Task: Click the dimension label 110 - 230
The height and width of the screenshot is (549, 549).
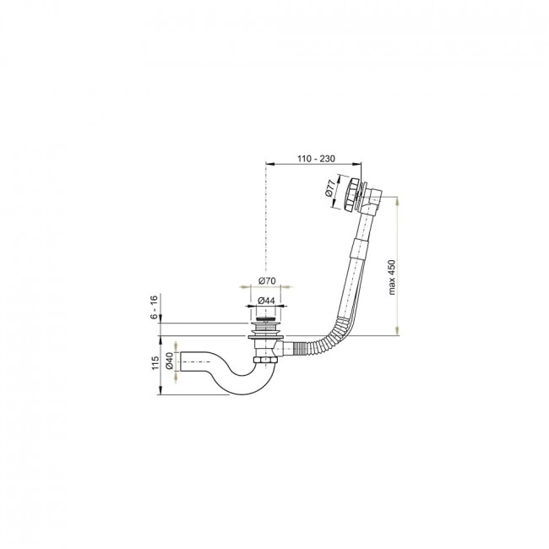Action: point(316,159)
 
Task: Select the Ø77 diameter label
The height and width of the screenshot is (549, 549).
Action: point(329,188)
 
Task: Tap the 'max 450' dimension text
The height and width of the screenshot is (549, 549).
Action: point(391,277)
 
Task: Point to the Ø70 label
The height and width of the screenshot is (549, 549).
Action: point(267,280)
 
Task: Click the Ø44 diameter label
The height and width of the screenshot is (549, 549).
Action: point(266,301)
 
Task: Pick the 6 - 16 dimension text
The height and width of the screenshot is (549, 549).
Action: point(154,307)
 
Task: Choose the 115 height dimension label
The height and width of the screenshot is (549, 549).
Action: point(155,363)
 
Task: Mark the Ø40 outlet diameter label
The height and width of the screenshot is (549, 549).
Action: point(169,361)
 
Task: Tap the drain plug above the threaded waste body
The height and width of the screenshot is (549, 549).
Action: point(265,319)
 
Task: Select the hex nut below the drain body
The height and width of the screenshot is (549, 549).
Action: point(266,361)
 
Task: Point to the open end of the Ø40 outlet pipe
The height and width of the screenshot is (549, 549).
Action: point(181,361)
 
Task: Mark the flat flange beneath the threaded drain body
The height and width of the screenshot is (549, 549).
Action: point(266,336)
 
